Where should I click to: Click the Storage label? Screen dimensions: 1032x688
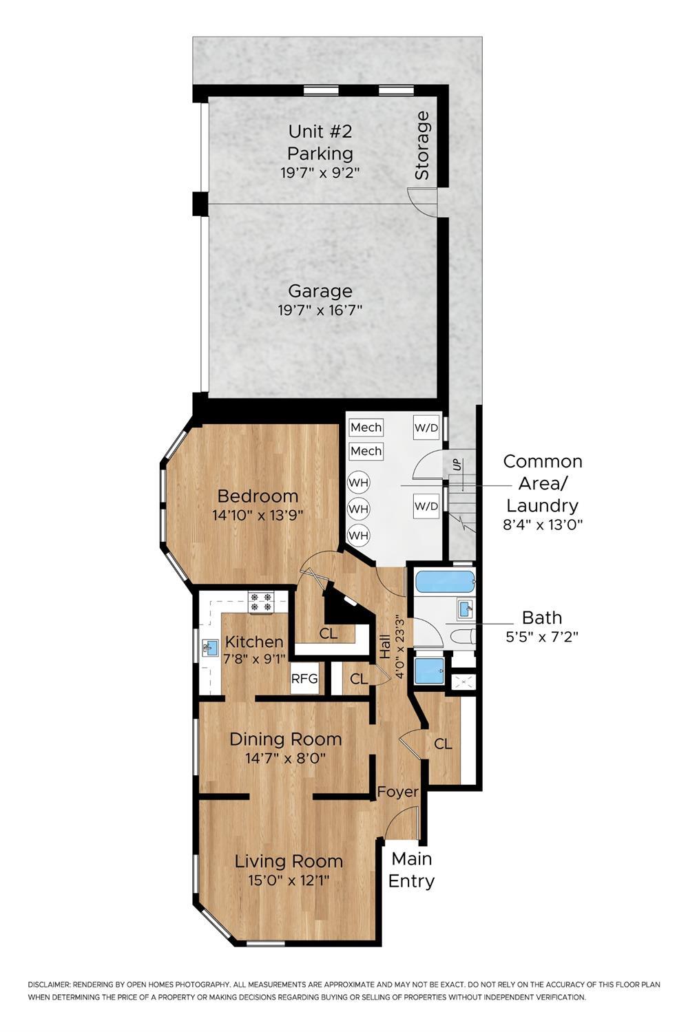point(421,145)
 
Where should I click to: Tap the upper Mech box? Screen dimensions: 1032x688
point(366,428)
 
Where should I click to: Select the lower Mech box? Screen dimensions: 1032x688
point(366,451)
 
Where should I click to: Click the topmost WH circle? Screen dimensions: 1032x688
point(358,482)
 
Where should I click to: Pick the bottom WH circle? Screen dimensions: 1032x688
point(358,535)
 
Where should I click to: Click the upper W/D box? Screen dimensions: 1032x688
point(426,428)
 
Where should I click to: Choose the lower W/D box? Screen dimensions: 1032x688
point(426,507)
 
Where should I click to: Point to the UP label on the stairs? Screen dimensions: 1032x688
point(457,465)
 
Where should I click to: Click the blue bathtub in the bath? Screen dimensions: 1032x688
point(445,582)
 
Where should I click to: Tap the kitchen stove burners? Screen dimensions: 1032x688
point(261,602)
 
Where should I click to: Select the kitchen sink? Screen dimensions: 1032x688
point(210,648)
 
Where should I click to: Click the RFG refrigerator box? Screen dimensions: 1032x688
point(304,679)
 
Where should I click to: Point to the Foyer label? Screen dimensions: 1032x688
point(397,792)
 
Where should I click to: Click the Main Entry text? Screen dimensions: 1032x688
point(412,870)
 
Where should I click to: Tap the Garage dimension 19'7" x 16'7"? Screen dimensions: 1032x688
point(320,310)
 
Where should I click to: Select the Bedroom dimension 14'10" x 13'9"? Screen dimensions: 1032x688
point(258,514)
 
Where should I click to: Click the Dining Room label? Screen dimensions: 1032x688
point(285,739)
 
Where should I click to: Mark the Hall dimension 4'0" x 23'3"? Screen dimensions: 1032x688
point(397,647)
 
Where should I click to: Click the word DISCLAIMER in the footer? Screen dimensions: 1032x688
point(49,985)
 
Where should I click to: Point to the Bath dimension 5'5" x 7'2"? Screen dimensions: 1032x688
point(541,637)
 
